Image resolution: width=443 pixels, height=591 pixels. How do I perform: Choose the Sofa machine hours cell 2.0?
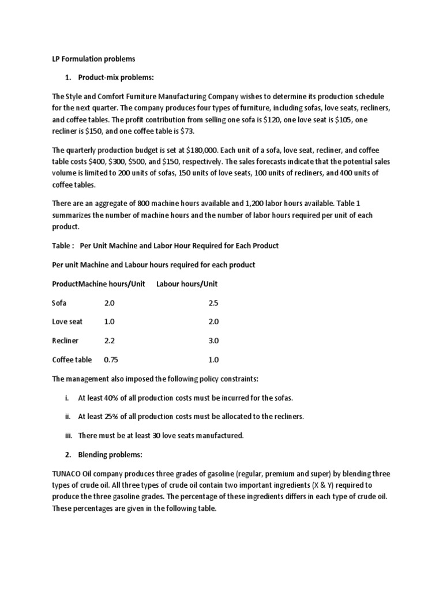pyautogui.click(x=110, y=303)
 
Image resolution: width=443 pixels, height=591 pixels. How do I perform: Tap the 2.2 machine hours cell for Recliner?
pyautogui.click(x=110, y=341)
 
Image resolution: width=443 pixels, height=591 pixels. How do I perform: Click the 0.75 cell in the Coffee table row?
pyautogui.click(x=111, y=360)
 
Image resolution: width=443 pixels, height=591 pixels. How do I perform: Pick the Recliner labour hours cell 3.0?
pyautogui.click(x=213, y=341)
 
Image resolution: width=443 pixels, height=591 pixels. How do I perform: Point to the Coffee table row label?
pyautogui.click(x=72, y=360)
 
